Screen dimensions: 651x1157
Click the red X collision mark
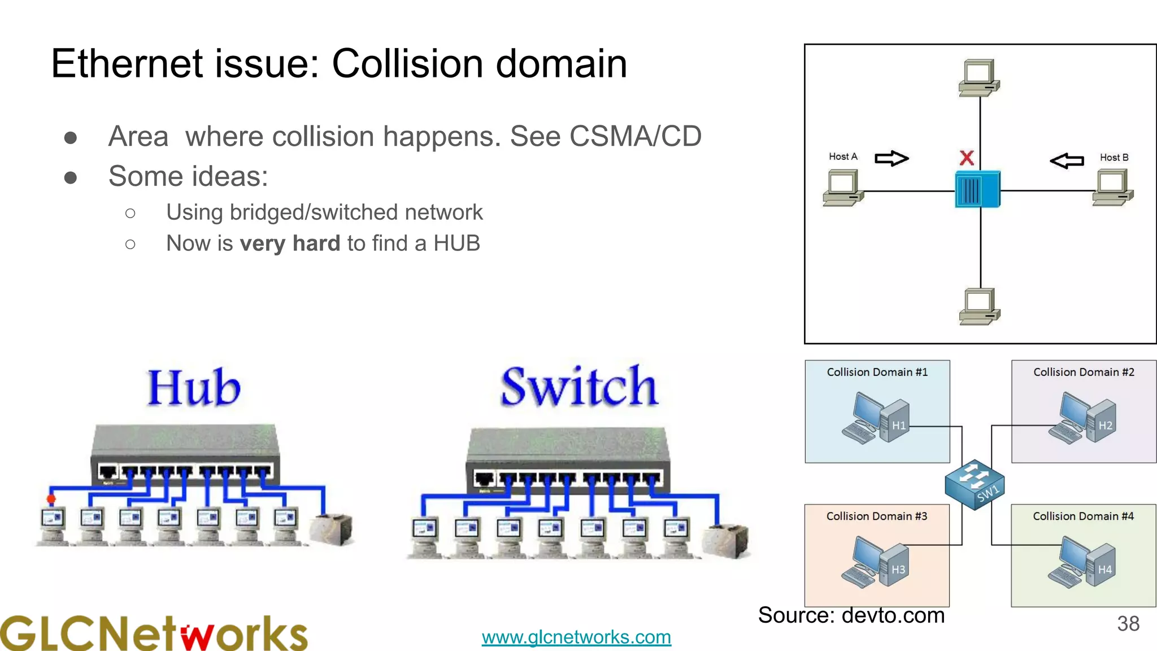pyautogui.click(x=967, y=158)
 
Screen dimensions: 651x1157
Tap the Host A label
pyautogui.click(x=843, y=157)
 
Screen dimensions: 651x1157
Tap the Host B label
pyautogui.click(x=1113, y=158)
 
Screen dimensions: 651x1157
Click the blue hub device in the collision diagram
pyautogui.click(x=977, y=190)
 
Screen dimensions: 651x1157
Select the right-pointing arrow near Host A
pyautogui.click(x=891, y=158)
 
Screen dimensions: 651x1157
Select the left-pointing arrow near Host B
pyautogui.click(x=1067, y=161)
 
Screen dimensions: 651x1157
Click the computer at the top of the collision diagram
pyautogui.click(x=979, y=78)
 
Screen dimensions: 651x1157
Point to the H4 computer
pyautogui.click(x=1082, y=563)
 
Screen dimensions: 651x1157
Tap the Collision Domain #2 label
pyautogui.click(x=1084, y=372)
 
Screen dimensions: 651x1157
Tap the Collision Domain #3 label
pyautogui.click(x=876, y=517)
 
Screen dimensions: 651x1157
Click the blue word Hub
pyautogui.click(x=194, y=388)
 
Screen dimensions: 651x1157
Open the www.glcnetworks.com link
pyautogui.click(x=576, y=637)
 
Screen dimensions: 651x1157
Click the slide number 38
pyautogui.click(x=1128, y=624)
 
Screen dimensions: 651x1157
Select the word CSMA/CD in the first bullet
pyautogui.click(x=635, y=137)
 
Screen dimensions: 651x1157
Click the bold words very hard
pyautogui.click(x=290, y=244)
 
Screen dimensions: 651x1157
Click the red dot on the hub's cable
pyautogui.click(x=51, y=499)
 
